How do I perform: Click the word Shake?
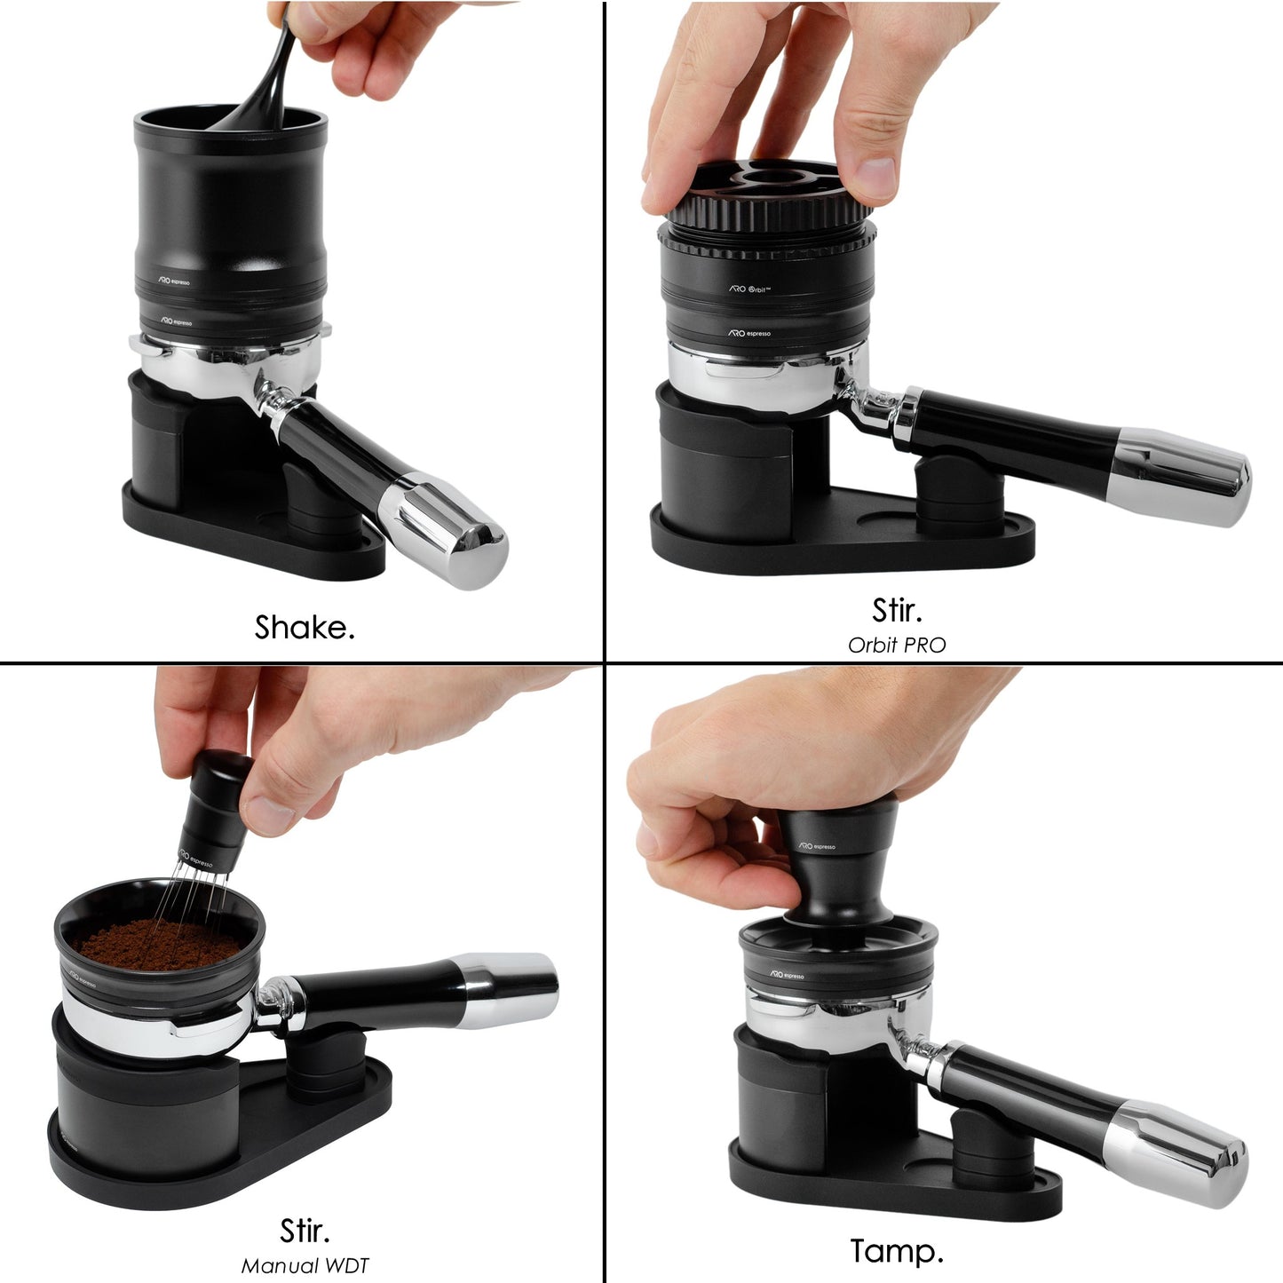click(x=305, y=628)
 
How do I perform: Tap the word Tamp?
click(x=897, y=1251)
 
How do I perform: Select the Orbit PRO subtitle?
click(x=897, y=645)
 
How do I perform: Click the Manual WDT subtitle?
click(x=305, y=1266)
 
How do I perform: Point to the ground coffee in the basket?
click(x=155, y=943)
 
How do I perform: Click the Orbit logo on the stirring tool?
click(x=750, y=289)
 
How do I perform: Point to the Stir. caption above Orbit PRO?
click(x=897, y=611)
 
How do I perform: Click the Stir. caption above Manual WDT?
click(x=305, y=1231)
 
